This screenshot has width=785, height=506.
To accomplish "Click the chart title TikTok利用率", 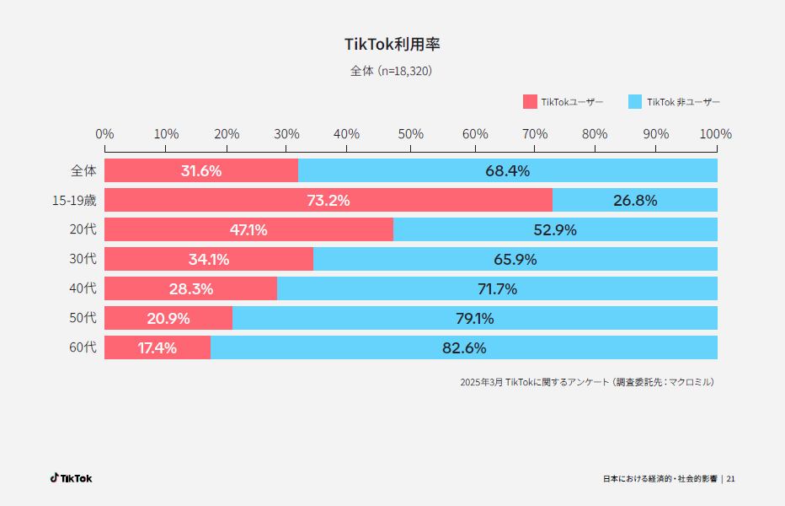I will pos(392,44).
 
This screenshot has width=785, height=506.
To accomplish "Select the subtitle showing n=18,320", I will pos(392,72).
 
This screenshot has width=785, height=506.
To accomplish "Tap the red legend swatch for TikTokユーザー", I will pos(530,102).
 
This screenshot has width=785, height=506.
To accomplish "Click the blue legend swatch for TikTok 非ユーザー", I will pos(636,102).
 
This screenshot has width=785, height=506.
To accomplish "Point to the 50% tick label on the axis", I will pos(410,134).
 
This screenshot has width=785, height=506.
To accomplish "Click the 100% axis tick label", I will pos(716,134).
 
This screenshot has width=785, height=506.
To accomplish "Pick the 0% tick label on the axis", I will pos(104,134).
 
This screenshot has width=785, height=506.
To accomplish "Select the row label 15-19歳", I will pos(74,201).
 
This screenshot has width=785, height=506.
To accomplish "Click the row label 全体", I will pos(83,171).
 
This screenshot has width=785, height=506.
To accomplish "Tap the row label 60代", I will pos(83,347).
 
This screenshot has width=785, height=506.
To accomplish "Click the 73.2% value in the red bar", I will pos(328,201).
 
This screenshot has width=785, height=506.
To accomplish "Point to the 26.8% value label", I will pos(635,201).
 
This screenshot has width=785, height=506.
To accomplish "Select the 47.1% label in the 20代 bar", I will pos(248,230).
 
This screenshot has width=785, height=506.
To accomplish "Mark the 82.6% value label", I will pos(464,347).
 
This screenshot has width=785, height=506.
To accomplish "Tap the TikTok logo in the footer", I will pos(71,478).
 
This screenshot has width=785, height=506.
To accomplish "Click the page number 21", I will pos(730,479).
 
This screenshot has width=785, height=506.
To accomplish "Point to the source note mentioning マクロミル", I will pos(588,382).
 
